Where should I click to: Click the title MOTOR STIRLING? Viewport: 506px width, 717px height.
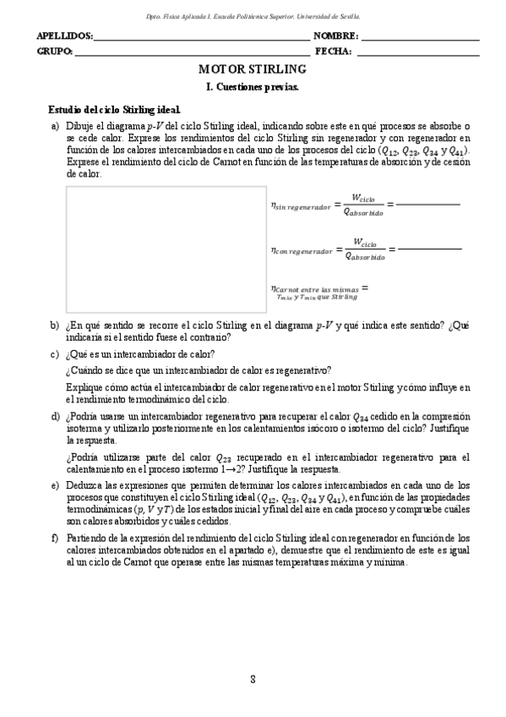click(x=253, y=68)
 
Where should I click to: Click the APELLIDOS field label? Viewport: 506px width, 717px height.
click(x=64, y=37)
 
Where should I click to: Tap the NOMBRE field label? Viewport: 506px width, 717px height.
click(x=335, y=37)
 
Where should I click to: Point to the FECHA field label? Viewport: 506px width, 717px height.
click(x=333, y=52)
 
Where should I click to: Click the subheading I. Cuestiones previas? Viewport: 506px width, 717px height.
click(x=253, y=86)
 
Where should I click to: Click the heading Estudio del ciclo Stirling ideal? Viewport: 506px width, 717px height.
click(x=114, y=110)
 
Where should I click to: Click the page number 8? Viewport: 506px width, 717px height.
click(x=253, y=681)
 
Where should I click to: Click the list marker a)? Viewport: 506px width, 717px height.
click(x=55, y=125)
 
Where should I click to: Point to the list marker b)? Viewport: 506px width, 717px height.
click(x=55, y=326)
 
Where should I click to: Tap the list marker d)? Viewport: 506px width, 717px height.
click(x=55, y=417)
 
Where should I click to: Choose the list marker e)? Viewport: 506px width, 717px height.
click(x=55, y=485)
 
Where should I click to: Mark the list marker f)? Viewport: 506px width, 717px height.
click(x=55, y=538)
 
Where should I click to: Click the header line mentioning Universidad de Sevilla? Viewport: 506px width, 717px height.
click(x=253, y=16)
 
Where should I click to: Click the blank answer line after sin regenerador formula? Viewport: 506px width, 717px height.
click(x=427, y=205)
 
